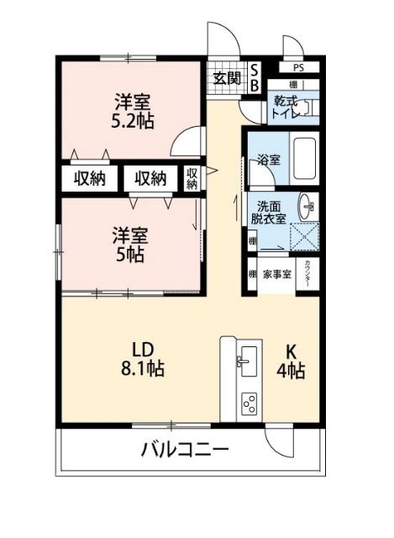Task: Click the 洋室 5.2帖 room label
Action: click(133, 111)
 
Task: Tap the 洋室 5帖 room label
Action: click(131, 244)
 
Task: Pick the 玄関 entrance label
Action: click(226, 79)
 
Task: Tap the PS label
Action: click(298, 67)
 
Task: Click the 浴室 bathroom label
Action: click(268, 157)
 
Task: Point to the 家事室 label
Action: click(276, 275)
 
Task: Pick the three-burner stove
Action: click(249, 403)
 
